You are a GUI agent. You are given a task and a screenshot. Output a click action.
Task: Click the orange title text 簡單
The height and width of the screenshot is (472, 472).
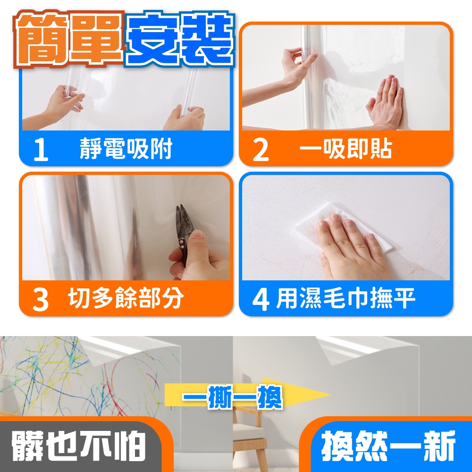tap(68, 39)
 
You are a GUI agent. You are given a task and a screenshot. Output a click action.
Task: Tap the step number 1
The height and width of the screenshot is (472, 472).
tap(41, 150)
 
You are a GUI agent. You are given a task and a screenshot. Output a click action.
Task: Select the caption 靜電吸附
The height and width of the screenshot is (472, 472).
tap(126, 148)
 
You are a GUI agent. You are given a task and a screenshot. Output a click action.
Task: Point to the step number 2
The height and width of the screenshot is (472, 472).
tap(261, 150)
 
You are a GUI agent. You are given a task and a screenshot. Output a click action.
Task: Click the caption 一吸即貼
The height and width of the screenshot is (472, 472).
tap(346, 148)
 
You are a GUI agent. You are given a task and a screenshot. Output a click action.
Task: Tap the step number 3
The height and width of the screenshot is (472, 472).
tap(41, 300)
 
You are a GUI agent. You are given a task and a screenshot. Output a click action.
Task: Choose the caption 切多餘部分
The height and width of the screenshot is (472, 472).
tap(126, 298)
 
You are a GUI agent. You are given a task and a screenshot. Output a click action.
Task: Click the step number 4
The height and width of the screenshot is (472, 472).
tap(261, 300)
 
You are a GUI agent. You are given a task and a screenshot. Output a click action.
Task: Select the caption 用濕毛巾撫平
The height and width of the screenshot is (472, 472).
tap(346, 298)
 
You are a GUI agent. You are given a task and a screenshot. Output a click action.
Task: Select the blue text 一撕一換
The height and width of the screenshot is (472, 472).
tap(232, 397)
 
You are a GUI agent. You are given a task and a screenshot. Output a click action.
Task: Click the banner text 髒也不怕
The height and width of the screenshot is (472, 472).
tap(78, 446)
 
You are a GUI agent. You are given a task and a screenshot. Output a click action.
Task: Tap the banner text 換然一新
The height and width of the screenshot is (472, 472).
tap(388, 446)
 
